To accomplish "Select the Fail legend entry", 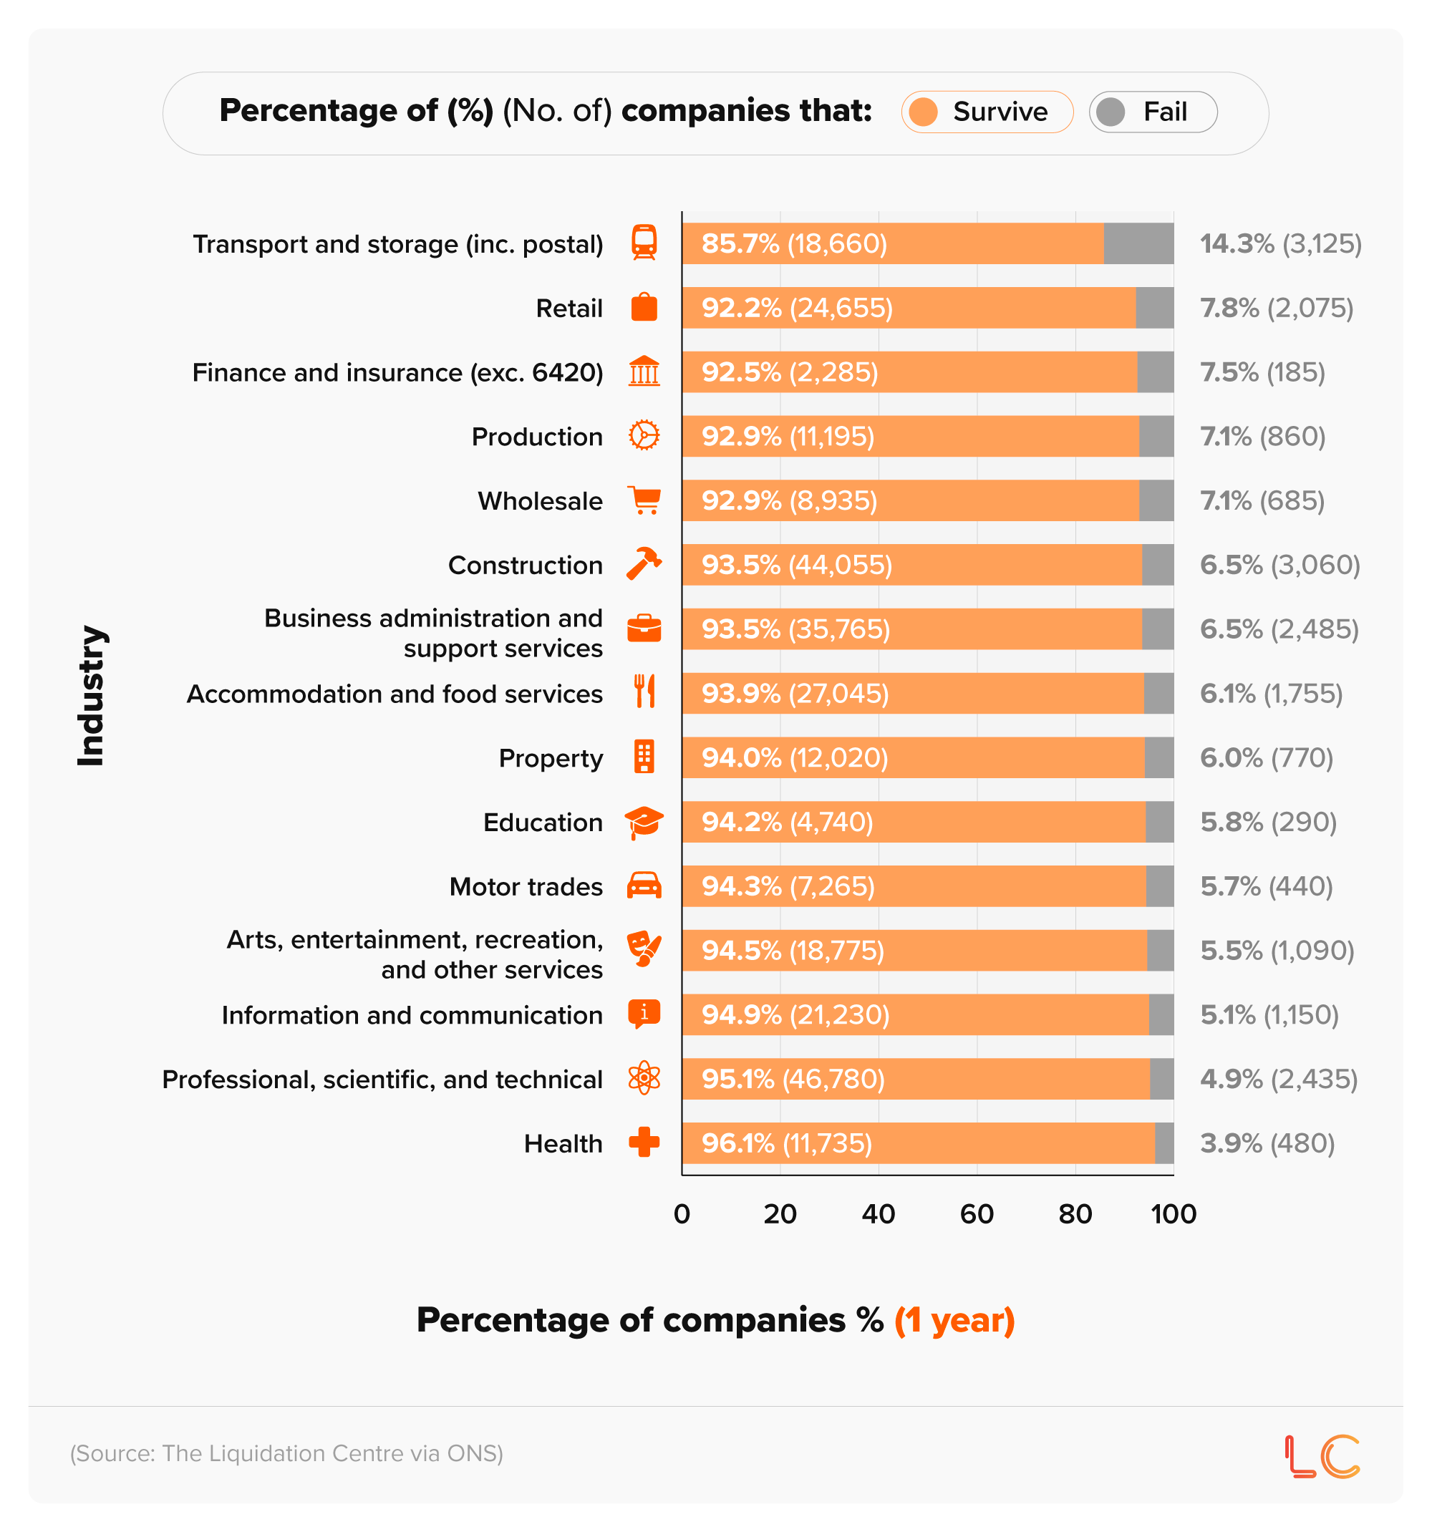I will (1152, 112).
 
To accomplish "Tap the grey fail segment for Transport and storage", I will (1138, 243).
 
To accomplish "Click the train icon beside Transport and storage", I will (644, 243).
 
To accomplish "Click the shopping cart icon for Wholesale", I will (644, 500).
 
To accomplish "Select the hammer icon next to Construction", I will (644, 564).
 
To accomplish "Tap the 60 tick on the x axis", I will (976, 1213).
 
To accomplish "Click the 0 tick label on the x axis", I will (682, 1213).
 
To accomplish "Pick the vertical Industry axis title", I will (90, 695).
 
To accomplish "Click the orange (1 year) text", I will (954, 1320).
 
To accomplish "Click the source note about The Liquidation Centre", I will (286, 1453).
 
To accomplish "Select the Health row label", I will (563, 1143).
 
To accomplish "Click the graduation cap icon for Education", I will (644, 823).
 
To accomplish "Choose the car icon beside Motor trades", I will (644, 886).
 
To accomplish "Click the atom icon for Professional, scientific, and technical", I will (644, 1078).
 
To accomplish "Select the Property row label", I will (551, 758).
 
